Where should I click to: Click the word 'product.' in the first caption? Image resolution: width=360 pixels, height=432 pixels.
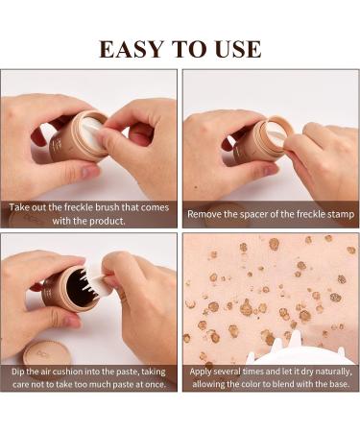pos(108,221)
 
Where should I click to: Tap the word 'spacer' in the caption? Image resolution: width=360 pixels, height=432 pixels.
pos(253,214)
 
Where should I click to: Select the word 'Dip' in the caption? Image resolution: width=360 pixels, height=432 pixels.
pos(18,372)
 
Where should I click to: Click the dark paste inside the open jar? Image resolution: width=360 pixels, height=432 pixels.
pos(75,286)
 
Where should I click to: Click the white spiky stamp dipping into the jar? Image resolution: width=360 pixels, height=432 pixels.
pos(95,278)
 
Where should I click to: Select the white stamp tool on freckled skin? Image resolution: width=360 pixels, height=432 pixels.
pos(298,352)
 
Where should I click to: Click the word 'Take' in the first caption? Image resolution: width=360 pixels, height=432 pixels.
pos(17,207)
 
